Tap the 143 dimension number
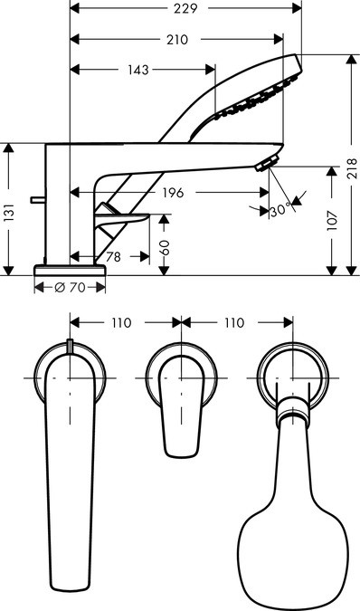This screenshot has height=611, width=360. pyautogui.click(x=138, y=69)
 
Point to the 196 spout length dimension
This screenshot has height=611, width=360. pyautogui.click(x=175, y=192)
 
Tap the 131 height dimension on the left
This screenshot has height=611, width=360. pyautogui.click(x=9, y=213)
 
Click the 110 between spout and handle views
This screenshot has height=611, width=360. pyautogui.click(x=122, y=322)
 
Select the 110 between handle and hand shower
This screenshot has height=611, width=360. pyautogui.click(x=234, y=322)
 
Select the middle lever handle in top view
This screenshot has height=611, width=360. pyautogui.click(x=180, y=407)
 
